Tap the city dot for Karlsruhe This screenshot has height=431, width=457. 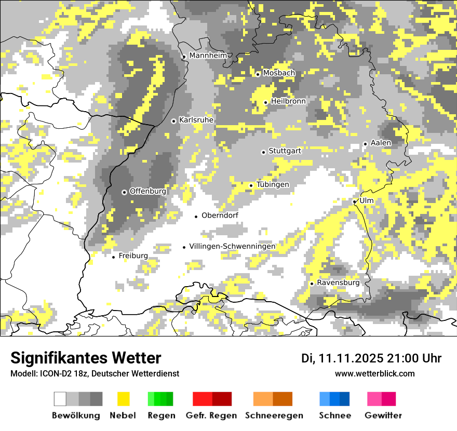173,121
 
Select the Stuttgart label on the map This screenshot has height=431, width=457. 285,151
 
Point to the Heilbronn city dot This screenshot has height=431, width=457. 265,102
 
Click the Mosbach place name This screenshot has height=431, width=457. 279,73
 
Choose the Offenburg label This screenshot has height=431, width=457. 148,191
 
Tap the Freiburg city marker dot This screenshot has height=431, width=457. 113,257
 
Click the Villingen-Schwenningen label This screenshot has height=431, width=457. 232,246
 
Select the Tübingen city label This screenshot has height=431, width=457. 273,185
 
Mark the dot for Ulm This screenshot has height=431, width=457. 354,201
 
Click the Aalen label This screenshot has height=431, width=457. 381,143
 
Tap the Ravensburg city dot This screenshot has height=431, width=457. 312,284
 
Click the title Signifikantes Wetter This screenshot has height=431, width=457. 86,358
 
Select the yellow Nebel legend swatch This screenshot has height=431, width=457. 124,399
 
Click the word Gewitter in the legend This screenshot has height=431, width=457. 383,415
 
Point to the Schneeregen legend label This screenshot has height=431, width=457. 274,415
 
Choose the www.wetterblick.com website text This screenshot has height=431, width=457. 375,373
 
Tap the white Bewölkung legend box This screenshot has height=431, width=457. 60,399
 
